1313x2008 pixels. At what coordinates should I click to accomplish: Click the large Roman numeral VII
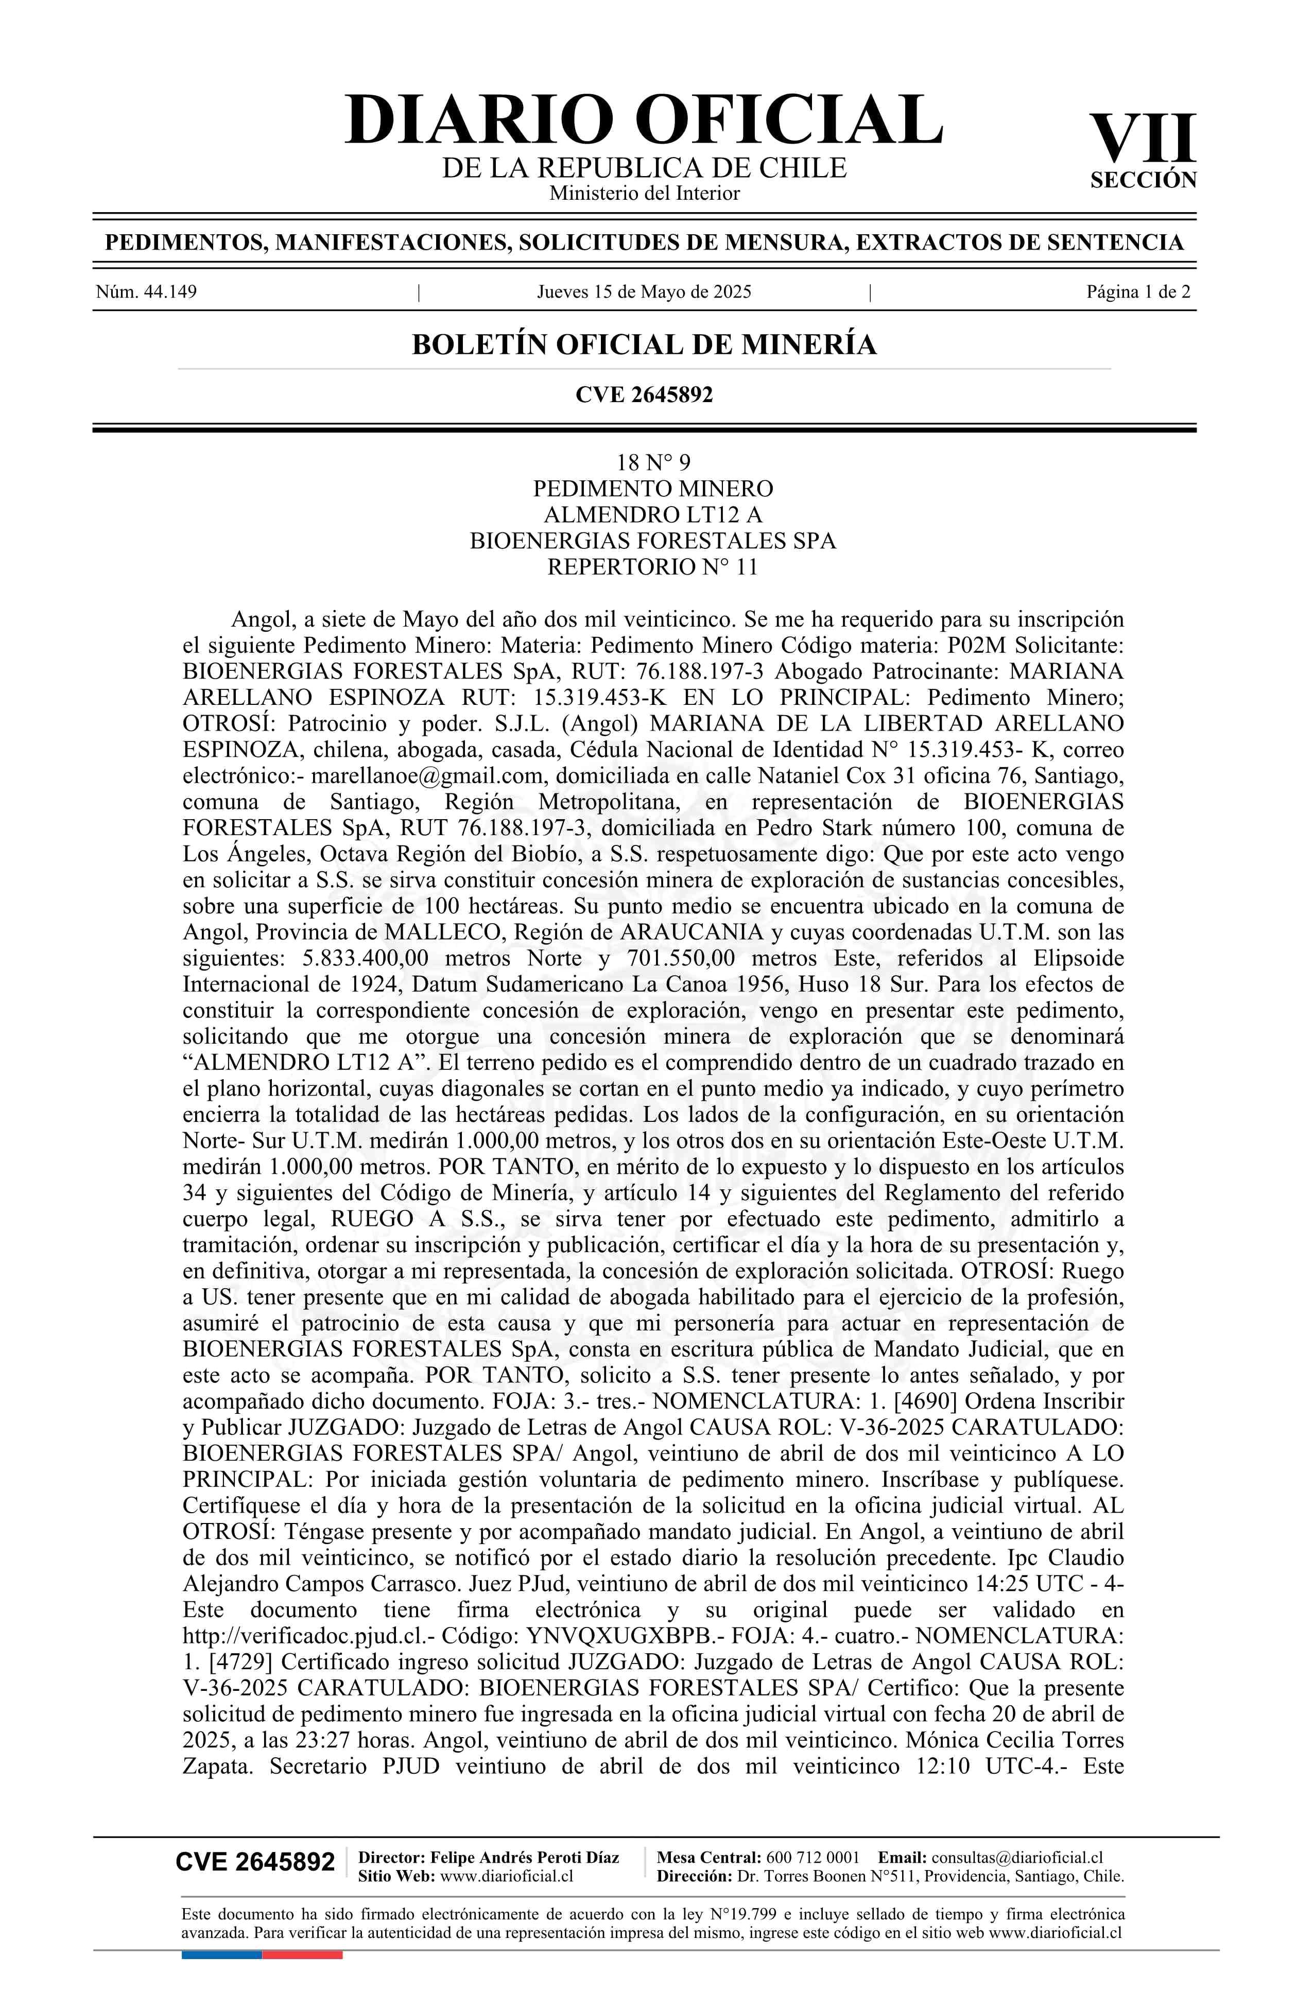(1143, 139)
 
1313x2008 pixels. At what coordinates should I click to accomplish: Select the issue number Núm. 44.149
(146, 293)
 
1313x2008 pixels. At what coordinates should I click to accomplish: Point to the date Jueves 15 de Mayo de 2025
(644, 293)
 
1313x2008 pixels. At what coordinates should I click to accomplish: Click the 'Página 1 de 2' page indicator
(1138, 293)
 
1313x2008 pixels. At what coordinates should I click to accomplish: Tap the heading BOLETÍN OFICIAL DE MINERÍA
(644, 345)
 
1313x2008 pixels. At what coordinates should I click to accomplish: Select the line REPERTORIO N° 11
(652, 567)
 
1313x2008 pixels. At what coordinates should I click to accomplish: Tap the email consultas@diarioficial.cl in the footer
(1017, 1857)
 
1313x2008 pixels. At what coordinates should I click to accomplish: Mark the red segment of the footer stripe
(302, 1931)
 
